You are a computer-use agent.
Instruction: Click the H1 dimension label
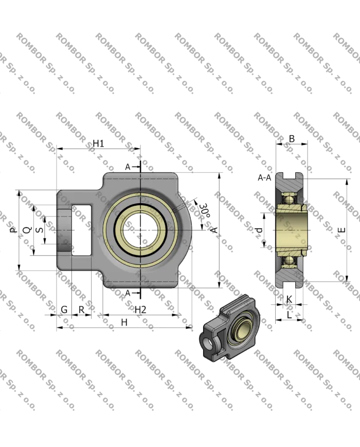coord(98,144)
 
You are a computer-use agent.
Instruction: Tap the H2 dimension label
coord(140,309)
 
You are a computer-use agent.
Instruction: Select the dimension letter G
coord(64,309)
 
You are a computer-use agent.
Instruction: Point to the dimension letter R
coord(81,309)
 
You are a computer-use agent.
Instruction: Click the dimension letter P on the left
coord(12,230)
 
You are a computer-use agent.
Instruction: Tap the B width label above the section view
coord(292,138)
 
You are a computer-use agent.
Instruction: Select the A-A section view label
coord(264,177)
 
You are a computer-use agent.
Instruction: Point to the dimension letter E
coord(341,230)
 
